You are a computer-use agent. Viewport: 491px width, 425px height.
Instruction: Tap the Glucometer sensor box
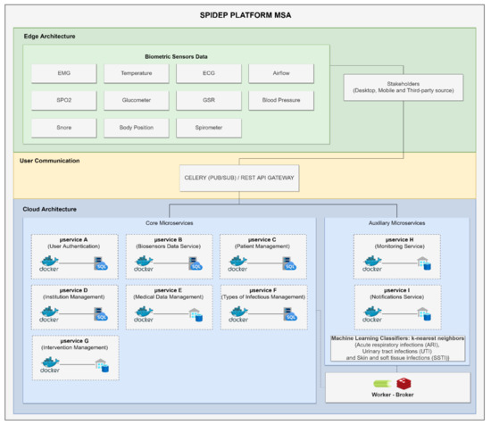[136, 100]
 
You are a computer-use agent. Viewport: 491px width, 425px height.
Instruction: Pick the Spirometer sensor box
[208, 128]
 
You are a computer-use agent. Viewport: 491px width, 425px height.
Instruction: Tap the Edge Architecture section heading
[49, 36]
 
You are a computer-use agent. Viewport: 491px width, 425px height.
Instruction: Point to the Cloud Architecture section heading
[52, 209]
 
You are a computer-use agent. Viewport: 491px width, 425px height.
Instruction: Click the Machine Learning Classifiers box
[397, 348]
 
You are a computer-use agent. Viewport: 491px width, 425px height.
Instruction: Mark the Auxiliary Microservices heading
[397, 222]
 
